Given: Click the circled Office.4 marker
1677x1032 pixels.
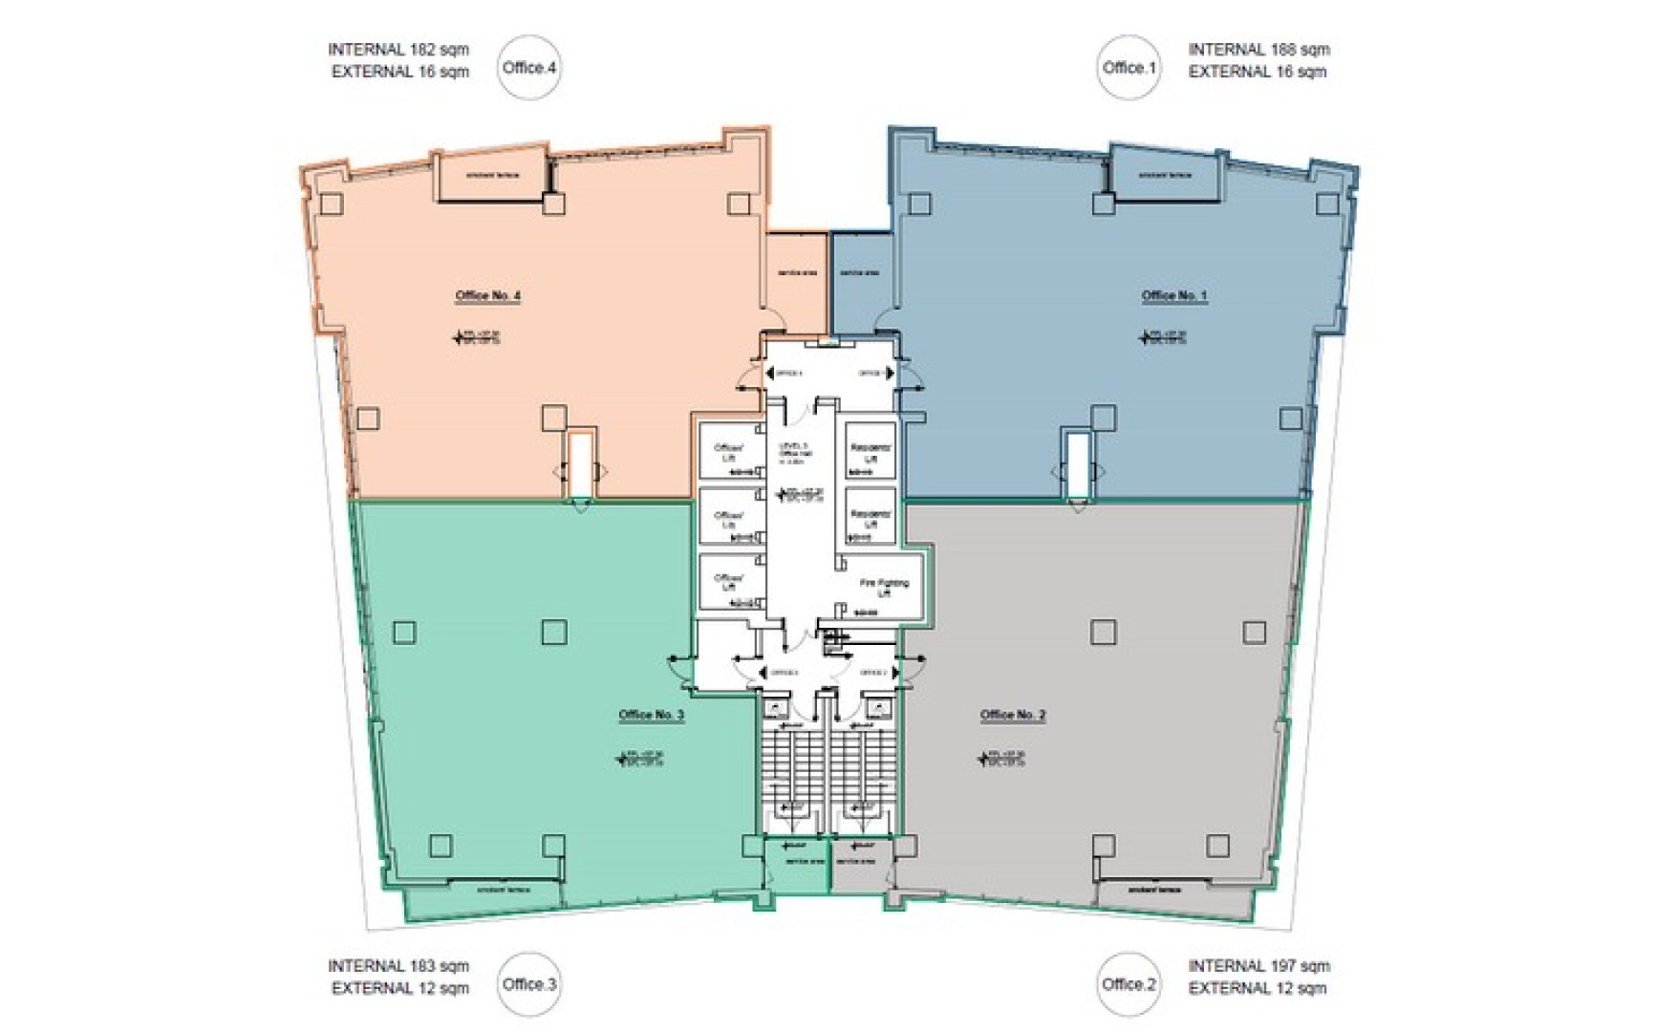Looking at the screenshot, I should (529, 68).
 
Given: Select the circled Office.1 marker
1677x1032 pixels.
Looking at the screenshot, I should (1129, 68).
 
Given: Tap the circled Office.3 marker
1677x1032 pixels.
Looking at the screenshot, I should (529, 984).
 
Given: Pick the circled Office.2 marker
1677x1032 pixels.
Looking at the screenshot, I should (1129, 984).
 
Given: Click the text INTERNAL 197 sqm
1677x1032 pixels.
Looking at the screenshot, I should (1258, 966).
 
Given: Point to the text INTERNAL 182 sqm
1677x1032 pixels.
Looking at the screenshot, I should (398, 50).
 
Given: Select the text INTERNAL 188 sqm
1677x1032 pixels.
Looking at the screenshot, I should (1258, 50).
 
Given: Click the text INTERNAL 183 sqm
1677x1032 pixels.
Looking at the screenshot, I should (398, 966).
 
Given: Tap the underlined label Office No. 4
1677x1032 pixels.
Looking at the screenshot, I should (487, 296).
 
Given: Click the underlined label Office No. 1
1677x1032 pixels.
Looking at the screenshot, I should (1173, 296).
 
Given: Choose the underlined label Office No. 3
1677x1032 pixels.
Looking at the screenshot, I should (651, 716).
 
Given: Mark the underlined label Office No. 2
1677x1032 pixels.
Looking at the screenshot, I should (1012, 716).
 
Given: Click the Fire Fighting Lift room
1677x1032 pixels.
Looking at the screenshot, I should (884, 588).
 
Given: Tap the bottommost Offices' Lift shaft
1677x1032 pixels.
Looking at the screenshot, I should (729, 582).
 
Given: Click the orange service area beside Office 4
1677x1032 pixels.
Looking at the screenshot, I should (797, 273).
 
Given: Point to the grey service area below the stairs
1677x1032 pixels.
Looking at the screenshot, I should (856, 865).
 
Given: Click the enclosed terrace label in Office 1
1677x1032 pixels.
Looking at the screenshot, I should (1165, 176).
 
